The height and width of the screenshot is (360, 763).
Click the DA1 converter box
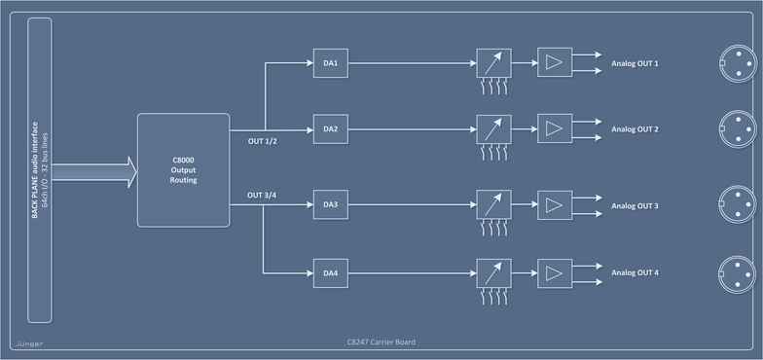coord(330,64)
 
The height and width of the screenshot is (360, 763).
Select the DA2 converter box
coord(330,128)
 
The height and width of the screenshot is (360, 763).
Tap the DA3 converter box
coord(330,205)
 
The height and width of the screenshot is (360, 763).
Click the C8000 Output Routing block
coord(182,170)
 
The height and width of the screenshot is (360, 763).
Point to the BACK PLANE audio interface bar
coord(40,170)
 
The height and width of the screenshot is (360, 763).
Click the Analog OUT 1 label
coord(635,64)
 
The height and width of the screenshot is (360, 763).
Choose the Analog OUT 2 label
coord(635,128)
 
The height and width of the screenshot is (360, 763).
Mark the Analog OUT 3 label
coord(635,206)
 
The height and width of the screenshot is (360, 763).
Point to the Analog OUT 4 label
coord(635,271)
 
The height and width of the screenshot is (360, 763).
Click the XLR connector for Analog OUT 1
coord(735,63)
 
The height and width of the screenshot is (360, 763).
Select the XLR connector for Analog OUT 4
coord(735,270)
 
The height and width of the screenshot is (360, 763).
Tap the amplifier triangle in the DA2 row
coord(555,128)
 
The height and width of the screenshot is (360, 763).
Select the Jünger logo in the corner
coord(29,342)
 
